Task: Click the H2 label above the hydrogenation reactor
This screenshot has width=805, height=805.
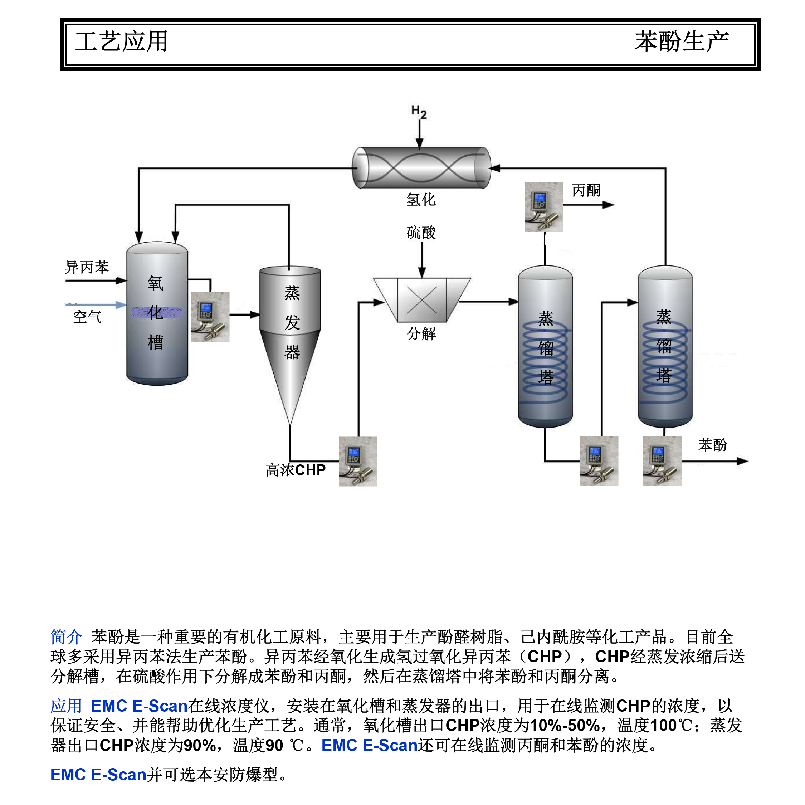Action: coord(419,112)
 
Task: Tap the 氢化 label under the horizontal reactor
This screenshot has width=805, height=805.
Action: coord(421,200)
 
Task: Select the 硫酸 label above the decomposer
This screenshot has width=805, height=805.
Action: coord(421,233)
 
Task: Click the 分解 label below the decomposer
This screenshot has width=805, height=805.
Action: coord(421,334)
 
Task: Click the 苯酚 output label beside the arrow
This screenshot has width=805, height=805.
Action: coord(712,445)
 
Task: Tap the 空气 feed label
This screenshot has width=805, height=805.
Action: coord(87,317)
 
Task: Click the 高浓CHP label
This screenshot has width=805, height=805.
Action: coord(296,470)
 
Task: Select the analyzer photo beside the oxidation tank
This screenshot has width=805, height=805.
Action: coord(210,317)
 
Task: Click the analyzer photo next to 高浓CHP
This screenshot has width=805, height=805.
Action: coord(358,461)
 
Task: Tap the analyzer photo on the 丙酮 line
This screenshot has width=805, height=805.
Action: coord(544,207)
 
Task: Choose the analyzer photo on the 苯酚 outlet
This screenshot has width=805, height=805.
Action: coord(662,460)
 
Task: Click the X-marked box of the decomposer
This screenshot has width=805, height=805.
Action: coord(422,300)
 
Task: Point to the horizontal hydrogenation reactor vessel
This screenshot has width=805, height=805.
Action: coord(421,167)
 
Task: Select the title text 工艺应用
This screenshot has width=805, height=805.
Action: coord(121,41)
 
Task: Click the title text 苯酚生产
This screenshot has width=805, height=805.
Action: coord(682,41)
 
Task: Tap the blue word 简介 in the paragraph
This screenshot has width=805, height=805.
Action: coord(66,637)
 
